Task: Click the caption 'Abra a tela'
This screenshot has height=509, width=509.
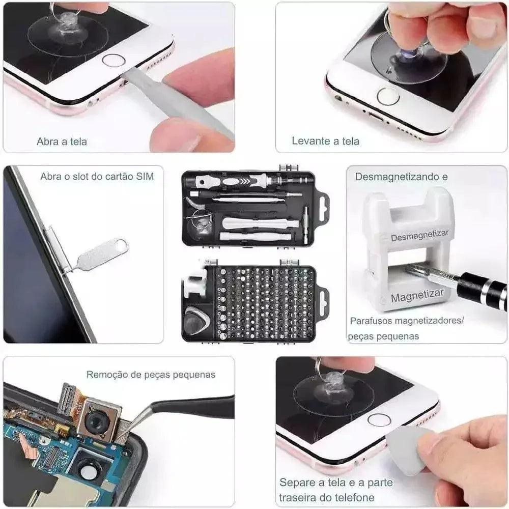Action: (x=62, y=142)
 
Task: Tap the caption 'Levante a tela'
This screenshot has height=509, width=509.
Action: (x=325, y=141)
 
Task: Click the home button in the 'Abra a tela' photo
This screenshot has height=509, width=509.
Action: (x=113, y=60)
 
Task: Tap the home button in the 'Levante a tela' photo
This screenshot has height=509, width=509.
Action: (x=388, y=96)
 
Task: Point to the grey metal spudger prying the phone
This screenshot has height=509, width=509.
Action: (x=173, y=102)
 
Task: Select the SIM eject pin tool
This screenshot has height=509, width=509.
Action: (x=100, y=254)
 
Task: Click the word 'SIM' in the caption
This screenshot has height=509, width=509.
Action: (x=144, y=177)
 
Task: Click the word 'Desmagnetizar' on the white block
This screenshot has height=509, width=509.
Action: (x=419, y=236)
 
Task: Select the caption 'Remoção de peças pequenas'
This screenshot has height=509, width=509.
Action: (x=151, y=375)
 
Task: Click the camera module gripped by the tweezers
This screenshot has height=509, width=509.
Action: (x=98, y=418)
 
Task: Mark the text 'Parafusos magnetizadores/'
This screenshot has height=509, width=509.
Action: (x=407, y=321)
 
